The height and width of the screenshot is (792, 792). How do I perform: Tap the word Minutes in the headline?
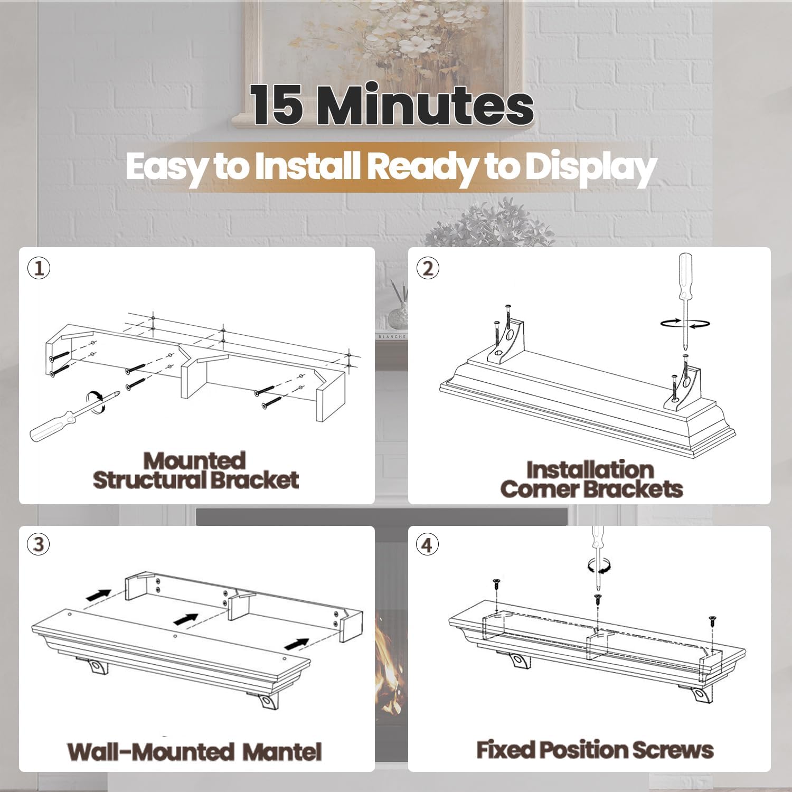(428, 106)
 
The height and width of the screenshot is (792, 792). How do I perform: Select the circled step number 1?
(39, 269)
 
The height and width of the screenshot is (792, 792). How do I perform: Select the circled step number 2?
(428, 269)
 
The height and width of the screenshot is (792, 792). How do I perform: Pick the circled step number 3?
(39, 544)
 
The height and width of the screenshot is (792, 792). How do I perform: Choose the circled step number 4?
(428, 544)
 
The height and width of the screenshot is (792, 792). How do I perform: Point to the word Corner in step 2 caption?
(533, 489)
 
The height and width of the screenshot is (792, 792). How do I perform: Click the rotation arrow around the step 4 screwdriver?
(599, 566)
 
